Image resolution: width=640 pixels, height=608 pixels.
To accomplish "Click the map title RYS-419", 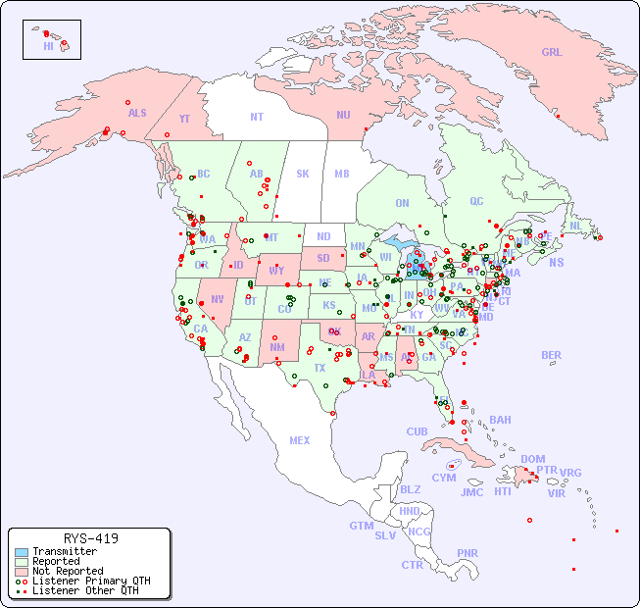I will point(90,538).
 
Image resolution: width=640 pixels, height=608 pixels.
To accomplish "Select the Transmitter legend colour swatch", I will point(21,552).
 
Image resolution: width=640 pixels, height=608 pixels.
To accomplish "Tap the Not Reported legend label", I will point(68,571).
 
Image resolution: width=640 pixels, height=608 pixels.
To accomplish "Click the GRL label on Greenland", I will point(552,52).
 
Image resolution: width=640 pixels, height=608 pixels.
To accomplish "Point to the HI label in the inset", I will point(48,45).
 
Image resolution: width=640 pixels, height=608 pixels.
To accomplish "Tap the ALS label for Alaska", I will point(137,113).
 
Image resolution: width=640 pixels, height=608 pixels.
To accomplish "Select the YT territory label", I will point(184,118).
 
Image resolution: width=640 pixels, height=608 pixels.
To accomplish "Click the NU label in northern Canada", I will point(343,115).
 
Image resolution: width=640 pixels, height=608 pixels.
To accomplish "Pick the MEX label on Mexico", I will point(300,440).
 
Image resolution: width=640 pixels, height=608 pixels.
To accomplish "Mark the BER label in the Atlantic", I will point(552,355).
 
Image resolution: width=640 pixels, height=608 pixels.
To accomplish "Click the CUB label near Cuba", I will point(417,431).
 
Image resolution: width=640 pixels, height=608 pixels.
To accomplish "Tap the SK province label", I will point(303,174).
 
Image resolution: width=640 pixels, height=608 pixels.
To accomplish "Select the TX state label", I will point(320,368).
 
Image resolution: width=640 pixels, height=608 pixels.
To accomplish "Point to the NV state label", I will point(217,299).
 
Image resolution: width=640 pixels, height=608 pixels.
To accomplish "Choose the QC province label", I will point(476,201).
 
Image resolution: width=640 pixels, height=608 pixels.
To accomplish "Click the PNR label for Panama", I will point(468,553).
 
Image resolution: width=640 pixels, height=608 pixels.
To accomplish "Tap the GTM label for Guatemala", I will point(361,526).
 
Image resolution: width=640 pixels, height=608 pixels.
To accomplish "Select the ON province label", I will point(402,203).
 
